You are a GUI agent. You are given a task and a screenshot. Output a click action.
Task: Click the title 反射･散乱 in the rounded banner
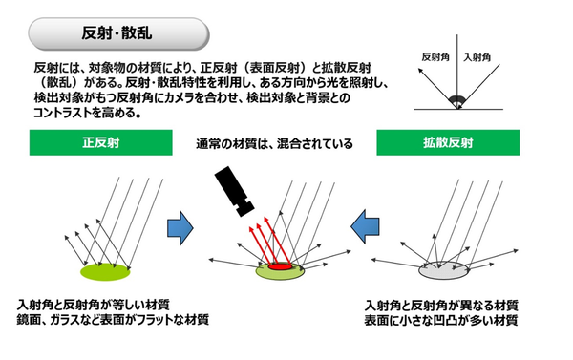(x=117, y=33)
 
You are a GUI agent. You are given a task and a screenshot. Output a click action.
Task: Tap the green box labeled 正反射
(x=101, y=142)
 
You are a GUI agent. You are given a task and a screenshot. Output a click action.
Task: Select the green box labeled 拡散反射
(x=448, y=142)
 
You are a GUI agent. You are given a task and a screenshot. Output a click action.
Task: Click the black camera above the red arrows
(x=234, y=191)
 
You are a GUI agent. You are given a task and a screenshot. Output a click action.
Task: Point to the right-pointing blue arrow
(x=180, y=227)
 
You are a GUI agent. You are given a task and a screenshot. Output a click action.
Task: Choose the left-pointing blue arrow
(x=365, y=226)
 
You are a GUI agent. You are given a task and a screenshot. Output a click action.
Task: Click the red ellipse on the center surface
(x=280, y=266)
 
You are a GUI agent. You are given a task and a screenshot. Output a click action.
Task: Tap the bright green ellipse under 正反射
(x=105, y=272)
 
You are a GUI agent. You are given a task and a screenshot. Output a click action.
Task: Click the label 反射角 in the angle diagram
(x=435, y=57)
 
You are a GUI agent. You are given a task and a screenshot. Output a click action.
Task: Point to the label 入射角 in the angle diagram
(x=477, y=57)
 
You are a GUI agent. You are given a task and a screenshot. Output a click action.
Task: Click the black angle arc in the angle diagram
(x=456, y=99)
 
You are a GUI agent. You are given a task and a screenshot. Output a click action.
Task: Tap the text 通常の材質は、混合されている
(x=274, y=143)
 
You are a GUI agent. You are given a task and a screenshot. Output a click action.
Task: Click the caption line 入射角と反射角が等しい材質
(x=94, y=305)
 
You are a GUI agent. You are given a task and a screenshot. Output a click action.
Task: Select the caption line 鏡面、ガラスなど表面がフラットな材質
(x=113, y=320)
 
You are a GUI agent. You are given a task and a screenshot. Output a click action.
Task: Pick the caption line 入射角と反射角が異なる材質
(x=441, y=306)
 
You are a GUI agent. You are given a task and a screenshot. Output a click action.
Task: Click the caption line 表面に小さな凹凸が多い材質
(x=441, y=320)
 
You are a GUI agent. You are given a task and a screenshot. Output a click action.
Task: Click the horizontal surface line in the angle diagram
(x=458, y=109)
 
